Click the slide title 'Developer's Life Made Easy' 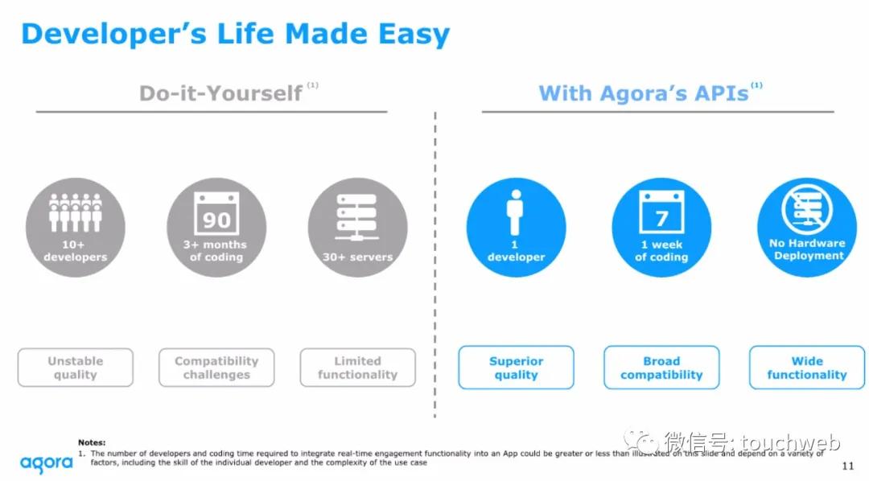[x=236, y=35]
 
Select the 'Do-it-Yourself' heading [x=220, y=93]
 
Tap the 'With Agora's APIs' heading [x=644, y=93]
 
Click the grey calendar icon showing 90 [x=216, y=215]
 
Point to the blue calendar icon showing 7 [x=661, y=212]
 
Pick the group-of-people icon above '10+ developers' [x=76, y=212]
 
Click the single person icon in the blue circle [x=516, y=213]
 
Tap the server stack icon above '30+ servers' [x=357, y=216]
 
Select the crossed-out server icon [x=807, y=209]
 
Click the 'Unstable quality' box [x=76, y=368]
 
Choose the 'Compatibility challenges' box [x=216, y=368]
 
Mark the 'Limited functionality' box [x=357, y=368]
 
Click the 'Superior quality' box [x=516, y=368]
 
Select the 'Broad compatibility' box [x=661, y=368]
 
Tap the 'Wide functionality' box [x=807, y=368]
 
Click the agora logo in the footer [x=47, y=464]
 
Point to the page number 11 [x=847, y=466]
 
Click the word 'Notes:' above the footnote [x=92, y=442]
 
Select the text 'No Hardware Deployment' [x=808, y=249]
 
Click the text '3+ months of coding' [x=216, y=250]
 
